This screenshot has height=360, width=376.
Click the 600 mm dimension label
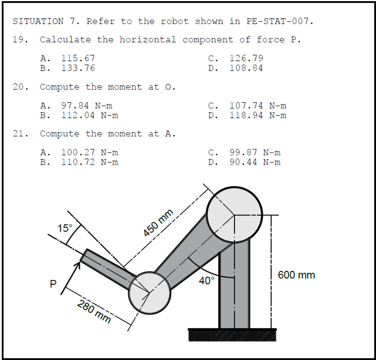pos(296,275)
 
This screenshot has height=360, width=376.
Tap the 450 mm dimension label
pos(158,223)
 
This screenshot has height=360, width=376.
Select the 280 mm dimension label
pos(94,311)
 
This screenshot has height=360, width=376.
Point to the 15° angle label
pos(65,228)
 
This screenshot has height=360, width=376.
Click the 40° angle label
pos(206,281)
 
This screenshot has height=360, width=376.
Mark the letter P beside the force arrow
pos(53,284)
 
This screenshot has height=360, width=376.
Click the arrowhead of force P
pos(77,265)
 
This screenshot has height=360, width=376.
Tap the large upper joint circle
pos(234,214)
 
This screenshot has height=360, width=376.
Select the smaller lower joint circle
pos(150,293)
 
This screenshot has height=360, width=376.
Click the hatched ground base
pos(232,335)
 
